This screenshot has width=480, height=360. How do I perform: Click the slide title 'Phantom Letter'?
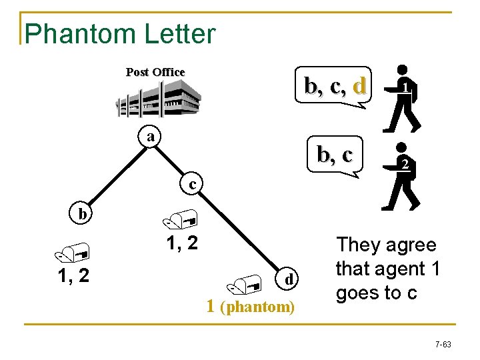click(120, 33)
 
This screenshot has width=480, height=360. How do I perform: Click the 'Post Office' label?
click(155, 72)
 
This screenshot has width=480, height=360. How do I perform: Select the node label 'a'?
click(152, 136)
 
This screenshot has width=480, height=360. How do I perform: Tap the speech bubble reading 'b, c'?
click(335, 155)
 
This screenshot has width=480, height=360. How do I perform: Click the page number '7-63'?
click(443, 345)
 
